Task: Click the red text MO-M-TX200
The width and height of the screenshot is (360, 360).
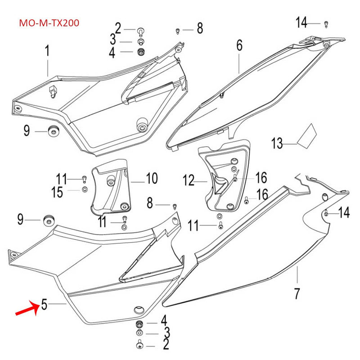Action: pos(49,23)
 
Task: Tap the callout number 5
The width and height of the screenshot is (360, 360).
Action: pos(44,305)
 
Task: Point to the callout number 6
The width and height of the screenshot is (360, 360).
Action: pos(239,45)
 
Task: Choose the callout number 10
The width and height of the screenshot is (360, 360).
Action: pos(152,179)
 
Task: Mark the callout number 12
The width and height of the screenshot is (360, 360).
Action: pos(188,181)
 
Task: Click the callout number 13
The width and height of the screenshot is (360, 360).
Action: pos(277,144)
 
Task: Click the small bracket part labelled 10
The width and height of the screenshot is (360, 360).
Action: pos(111,187)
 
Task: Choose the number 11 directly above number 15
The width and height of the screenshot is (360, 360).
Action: pos(61,179)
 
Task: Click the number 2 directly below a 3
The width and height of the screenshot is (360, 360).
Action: pos(166,345)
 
